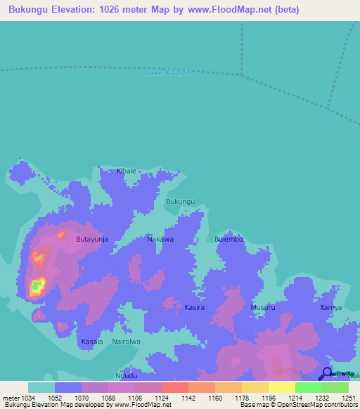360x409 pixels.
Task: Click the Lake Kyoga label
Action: coord(167,73)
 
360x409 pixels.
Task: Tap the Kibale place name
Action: coord(126,171)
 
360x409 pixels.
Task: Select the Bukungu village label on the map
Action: coord(180,202)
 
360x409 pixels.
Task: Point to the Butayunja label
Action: coord(91,240)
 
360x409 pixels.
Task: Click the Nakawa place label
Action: coord(160,240)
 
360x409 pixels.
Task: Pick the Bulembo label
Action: coord(229,240)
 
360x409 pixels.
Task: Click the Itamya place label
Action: coord(331,308)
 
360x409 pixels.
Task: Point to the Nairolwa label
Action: coord(127,342)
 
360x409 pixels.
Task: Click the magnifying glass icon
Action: coord(325,374)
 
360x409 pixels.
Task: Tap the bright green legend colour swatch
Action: coord(308,387)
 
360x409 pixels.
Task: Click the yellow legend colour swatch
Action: coord(281,387)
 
